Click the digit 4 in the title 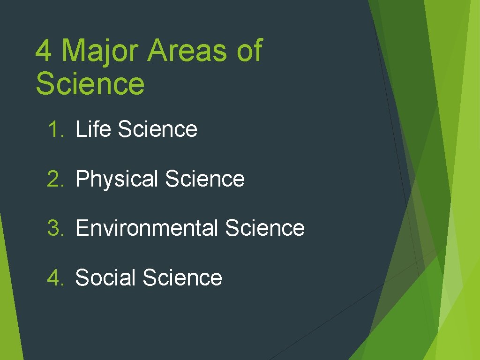tap(44, 51)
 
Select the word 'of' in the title tap(249, 51)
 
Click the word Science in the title tap(90, 83)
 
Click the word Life tap(93, 129)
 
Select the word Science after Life tap(157, 129)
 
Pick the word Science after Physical tap(205, 179)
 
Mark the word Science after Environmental tap(265, 228)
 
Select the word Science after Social tap(182, 277)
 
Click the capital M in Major tap(71, 51)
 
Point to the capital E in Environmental tap(81, 228)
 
